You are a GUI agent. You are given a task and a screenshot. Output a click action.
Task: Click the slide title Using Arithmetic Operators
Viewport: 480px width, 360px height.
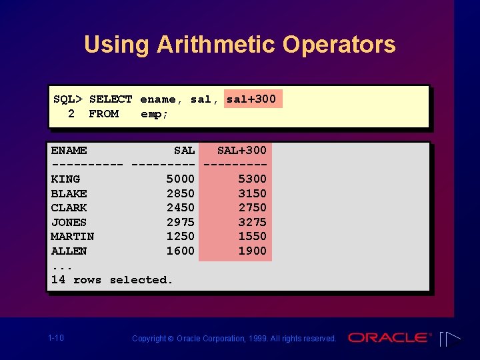pyautogui.click(x=239, y=45)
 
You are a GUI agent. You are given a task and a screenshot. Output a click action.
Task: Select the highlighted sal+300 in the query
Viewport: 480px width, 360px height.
pyautogui.click(x=251, y=99)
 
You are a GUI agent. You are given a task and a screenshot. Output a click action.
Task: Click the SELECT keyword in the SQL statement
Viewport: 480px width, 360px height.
pyautogui.click(x=111, y=99)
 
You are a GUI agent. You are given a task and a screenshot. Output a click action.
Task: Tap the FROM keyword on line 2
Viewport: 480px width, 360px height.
pyautogui.click(x=103, y=114)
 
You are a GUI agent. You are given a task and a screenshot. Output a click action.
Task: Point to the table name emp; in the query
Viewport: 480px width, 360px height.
pyautogui.click(x=154, y=114)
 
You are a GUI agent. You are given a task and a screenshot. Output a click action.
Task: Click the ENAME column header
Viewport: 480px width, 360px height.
pyautogui.click(x=69, y=151)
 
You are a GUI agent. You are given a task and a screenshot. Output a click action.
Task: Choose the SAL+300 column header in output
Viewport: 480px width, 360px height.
pyautogui.click(x=241, y=151)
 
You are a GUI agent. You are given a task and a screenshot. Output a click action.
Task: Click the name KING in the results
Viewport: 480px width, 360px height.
pyautogui.click(x=65, y=179)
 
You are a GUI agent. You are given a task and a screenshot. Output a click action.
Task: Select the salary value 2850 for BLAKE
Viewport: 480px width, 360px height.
pyautogui.click(x=180, y=193)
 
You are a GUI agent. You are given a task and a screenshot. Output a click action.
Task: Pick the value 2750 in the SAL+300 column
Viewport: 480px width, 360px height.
pyautogui.click(x=252, y=207)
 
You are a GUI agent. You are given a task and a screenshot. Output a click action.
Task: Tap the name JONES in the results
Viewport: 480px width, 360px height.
pyautogui.click(x=69, y=222)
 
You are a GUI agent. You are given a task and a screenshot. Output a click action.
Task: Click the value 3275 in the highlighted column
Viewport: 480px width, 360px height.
pyautogui.click(x=252, y=222)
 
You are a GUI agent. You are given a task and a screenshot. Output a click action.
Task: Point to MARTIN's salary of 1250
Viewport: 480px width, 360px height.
pyautogui.click(x=180, y=236)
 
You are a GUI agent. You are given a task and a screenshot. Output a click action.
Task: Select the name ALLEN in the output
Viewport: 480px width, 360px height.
pyautogui.click(x=69, y=251)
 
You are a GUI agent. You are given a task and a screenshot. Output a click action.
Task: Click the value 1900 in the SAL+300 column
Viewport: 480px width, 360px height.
pyautogui.click(x=252, y=251)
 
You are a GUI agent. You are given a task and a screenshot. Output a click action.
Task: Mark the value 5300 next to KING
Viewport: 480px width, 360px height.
pyautogui.click(x=252, y=179)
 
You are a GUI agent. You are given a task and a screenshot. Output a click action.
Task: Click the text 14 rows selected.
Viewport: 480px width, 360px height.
pyautogui.click(x=112, y=280)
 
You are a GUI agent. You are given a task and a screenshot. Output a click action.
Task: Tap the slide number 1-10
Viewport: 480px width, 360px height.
pyautogui.click(x=56, y=338)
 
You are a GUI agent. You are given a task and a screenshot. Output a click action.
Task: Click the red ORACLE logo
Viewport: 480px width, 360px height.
pyautogui.click(x=389, y=338)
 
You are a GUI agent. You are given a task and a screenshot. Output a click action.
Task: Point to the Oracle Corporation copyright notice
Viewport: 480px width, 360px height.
pyautogui.click(x=234, y=339)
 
